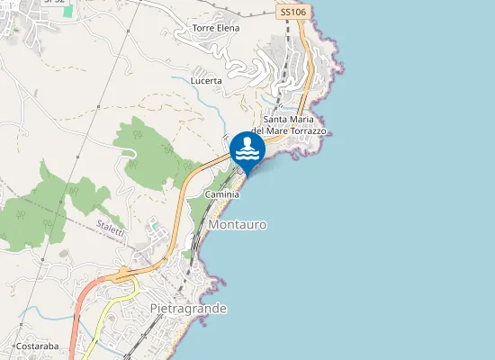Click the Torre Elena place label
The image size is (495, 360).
click(x=216, y=28)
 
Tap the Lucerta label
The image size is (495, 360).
click(x=206, y=80)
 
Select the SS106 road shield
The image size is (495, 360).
click(x=292, y=12)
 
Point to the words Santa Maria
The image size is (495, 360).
click(x=292, y=120)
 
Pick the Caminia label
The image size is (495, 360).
click(x=222, y=194)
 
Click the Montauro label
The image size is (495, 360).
click(x=237, y=224)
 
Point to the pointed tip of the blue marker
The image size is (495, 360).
click(x=247, y=173)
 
